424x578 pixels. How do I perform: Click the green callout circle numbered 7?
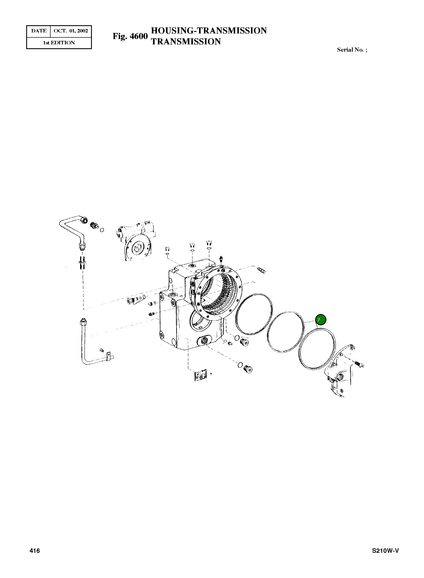click(321, 320)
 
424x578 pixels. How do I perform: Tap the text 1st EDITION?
click(59, 43)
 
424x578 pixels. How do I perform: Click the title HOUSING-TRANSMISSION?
click(209, 31)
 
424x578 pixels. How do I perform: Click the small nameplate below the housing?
click(201, 376)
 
